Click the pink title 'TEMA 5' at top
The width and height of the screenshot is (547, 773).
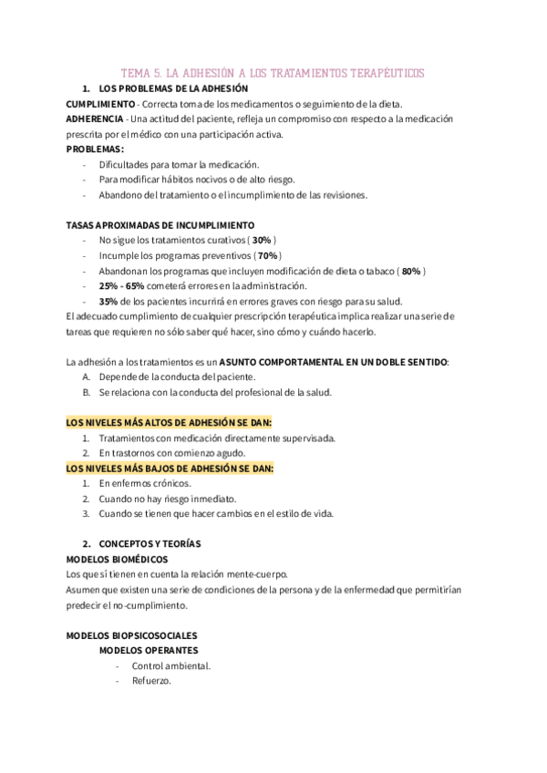(x=273, y=73)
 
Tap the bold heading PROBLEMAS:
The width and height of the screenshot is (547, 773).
(x=96, y=149)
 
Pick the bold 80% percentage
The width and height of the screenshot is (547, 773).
(x=410, y=271)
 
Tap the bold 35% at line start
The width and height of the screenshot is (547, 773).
(x=108, y=301)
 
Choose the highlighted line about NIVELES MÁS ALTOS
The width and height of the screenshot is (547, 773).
(x=170, y=423)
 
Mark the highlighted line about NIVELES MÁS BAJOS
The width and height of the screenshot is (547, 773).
(x=170, y=468)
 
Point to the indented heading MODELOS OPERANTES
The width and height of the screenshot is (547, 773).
(x=145, y=650)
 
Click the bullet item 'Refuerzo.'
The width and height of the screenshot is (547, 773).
(x=151, y=680)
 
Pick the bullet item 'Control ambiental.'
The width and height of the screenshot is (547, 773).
(x=170, y=665)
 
